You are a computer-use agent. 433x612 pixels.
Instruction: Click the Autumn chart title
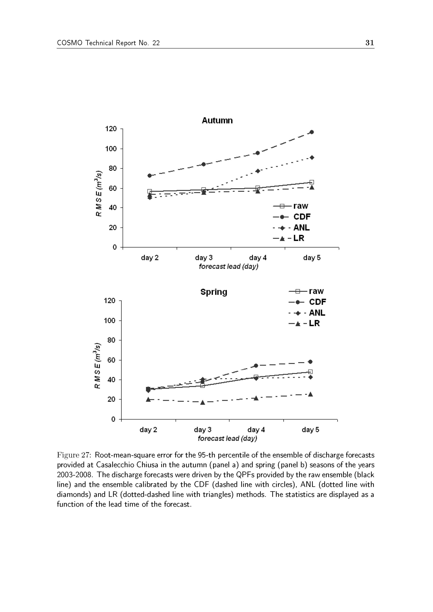click(x=217, y=121)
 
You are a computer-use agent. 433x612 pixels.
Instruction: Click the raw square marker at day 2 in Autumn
click(x=150, y=191)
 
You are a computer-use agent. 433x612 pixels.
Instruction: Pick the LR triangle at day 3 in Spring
click(x=202, y=402)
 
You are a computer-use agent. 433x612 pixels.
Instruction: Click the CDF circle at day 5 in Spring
click(x=310, y=362)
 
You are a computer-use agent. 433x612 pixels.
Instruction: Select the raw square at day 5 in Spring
click(x=310, y=371)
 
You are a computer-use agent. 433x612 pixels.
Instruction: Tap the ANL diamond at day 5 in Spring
click(x=310, y=377)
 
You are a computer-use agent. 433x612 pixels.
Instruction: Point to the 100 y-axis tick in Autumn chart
click(x=111, y=149)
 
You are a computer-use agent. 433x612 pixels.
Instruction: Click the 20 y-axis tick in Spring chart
click(x=112, y=399)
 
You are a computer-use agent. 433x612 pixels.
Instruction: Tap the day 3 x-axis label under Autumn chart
click(x=204, y=258)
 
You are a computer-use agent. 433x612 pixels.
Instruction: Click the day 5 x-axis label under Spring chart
click(x=310, y=430)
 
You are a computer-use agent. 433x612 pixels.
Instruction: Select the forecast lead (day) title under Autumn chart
click(x=228, y=266)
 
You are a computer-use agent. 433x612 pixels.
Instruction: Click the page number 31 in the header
click(x=370, y=43)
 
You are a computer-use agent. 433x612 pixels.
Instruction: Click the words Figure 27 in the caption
click(x=74, y=455)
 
